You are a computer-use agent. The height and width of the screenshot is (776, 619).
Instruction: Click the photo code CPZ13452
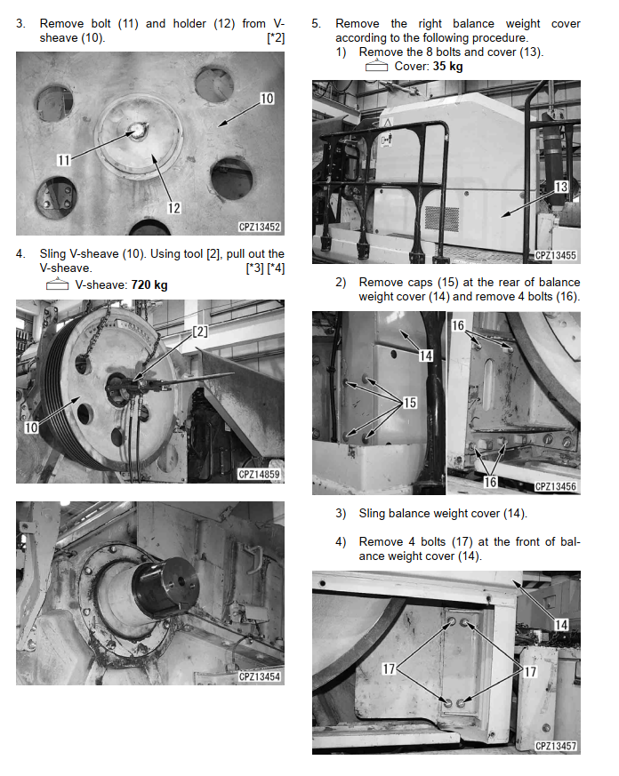click(260, 227)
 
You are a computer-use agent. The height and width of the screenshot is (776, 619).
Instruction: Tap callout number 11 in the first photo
click(63, 160)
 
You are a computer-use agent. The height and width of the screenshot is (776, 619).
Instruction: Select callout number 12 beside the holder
click(173, 208)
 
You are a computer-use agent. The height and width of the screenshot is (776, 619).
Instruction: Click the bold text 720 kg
click(149, 285)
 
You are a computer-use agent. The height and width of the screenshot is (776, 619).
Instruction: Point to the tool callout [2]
click(200, 331)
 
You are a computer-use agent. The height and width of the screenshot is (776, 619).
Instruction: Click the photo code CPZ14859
click(260, 474)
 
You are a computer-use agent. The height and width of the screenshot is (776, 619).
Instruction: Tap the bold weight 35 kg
click(447, 67)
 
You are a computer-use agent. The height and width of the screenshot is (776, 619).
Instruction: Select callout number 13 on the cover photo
click(561, 187)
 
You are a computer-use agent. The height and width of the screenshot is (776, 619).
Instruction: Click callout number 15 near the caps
click(410, 403)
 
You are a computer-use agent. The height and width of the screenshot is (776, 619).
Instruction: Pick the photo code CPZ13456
click(556, 486)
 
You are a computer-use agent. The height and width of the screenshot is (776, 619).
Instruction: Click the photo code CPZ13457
click(556, 746)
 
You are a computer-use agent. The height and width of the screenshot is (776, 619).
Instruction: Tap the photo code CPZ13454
click(260, 676)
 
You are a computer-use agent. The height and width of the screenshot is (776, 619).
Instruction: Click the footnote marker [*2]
click(276, 38)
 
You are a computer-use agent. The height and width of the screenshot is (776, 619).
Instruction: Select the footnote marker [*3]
click(255, 268)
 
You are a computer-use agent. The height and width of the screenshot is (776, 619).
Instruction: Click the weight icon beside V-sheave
click(58, 284)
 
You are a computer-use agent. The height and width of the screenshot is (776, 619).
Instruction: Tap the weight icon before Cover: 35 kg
click(376, 65)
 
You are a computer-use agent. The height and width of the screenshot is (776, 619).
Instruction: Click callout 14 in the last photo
click(561, 625)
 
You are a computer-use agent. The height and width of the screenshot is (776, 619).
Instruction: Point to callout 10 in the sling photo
click(31, 427)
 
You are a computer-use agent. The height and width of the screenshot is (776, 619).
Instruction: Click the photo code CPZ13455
click(556, 255)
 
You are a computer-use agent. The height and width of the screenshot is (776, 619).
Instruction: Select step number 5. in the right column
click(316, 24)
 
